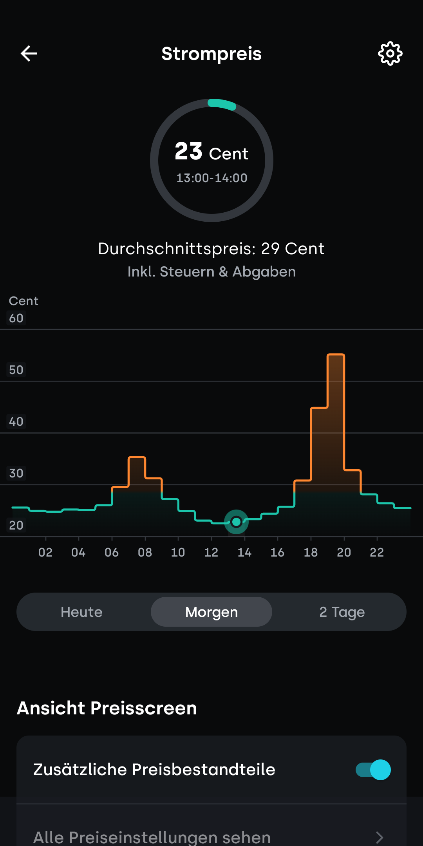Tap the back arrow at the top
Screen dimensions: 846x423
pos(29,54)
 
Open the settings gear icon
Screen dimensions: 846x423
pos(390,54)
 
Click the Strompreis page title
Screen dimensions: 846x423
pos(211,54)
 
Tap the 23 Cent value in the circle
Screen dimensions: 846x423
pos(211,152)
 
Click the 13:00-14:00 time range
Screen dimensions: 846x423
pos(211,178)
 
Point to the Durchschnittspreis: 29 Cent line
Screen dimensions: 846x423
pos(211,249)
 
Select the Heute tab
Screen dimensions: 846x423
pos(81,612)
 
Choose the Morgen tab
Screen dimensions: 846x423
pos(211,612)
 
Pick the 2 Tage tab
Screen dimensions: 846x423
pos(342,612)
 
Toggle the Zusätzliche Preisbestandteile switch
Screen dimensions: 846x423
pos(373,770)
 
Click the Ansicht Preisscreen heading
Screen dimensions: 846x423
pos(107,708)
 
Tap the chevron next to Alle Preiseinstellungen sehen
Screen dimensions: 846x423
pos(379,837)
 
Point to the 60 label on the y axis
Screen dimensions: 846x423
pos(16,318)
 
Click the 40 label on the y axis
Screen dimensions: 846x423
pos(16,421)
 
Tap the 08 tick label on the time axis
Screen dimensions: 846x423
pos(145,552)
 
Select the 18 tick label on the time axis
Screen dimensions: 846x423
pos(311,552)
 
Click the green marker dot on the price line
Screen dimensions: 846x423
pos(236,522)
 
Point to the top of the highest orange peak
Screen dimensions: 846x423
pos(336,355)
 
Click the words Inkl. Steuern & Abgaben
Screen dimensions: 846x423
pos(211,272)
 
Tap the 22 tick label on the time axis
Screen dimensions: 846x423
pos(377,552)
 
